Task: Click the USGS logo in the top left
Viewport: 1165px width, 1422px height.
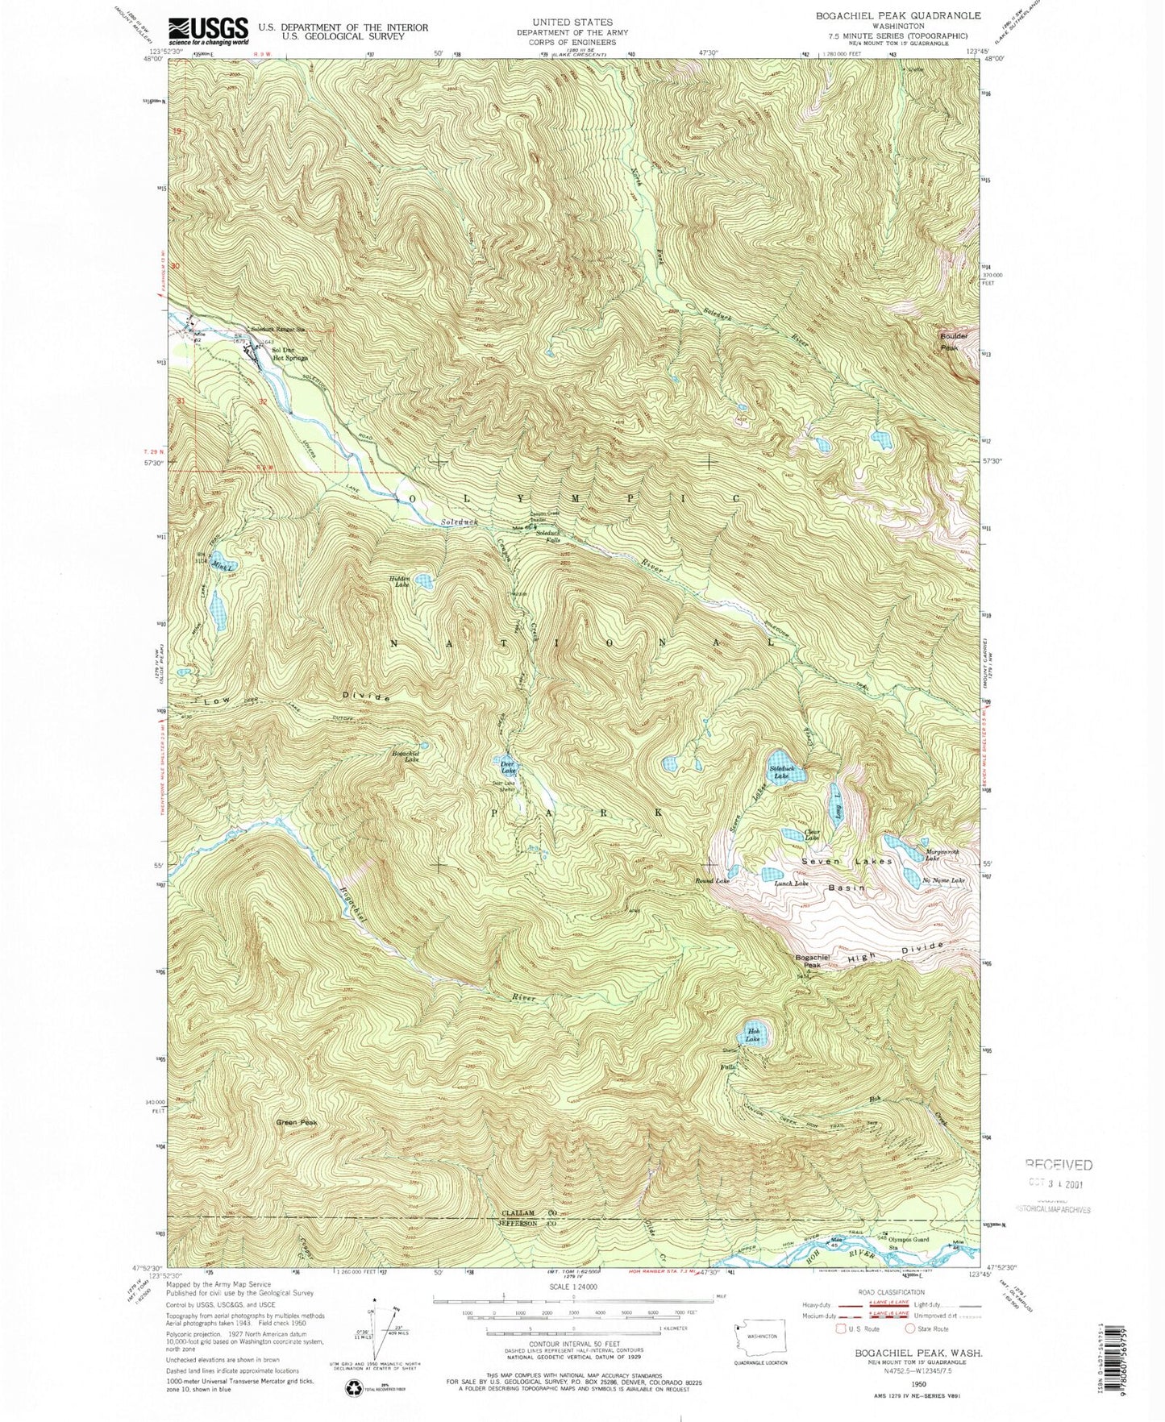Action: coord(208,31)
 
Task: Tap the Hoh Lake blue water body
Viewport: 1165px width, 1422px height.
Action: coord(754,1036)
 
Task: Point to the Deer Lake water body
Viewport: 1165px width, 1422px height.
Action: coord(508,767)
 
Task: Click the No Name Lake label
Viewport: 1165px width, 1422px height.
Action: coord(942,880)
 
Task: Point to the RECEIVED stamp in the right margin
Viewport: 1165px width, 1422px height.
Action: coord(1059,1164)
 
